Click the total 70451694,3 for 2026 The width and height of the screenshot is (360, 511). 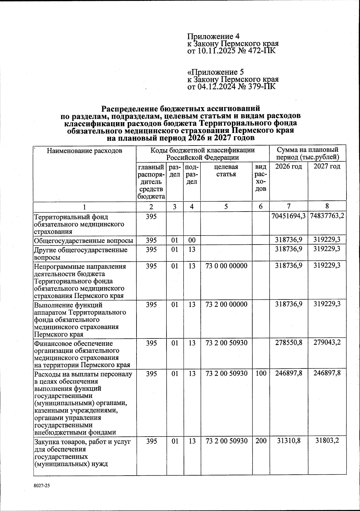click(x=289, y=217)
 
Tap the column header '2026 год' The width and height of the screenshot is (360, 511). click(x=289, y=167)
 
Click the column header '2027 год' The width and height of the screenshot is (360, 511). click(x=327, y=167)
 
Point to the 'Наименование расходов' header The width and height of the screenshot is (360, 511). click(x=84, y=151)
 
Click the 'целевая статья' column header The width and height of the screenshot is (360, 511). click(x=226, y=170)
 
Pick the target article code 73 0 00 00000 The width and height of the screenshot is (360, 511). click(x=226, y=266)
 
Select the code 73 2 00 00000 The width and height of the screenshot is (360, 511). click(x=226, y=304)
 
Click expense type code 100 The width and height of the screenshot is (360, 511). click(x=261, y=373)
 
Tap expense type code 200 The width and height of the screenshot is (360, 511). click(x=261, y=441)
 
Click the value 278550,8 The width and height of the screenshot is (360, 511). click(x=289, y=343)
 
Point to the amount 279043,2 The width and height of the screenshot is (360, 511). click(x=327, y=343)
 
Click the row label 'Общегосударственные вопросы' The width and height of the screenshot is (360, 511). click(x=84, y=241)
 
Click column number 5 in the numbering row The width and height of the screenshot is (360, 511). click(x=226, y=207)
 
